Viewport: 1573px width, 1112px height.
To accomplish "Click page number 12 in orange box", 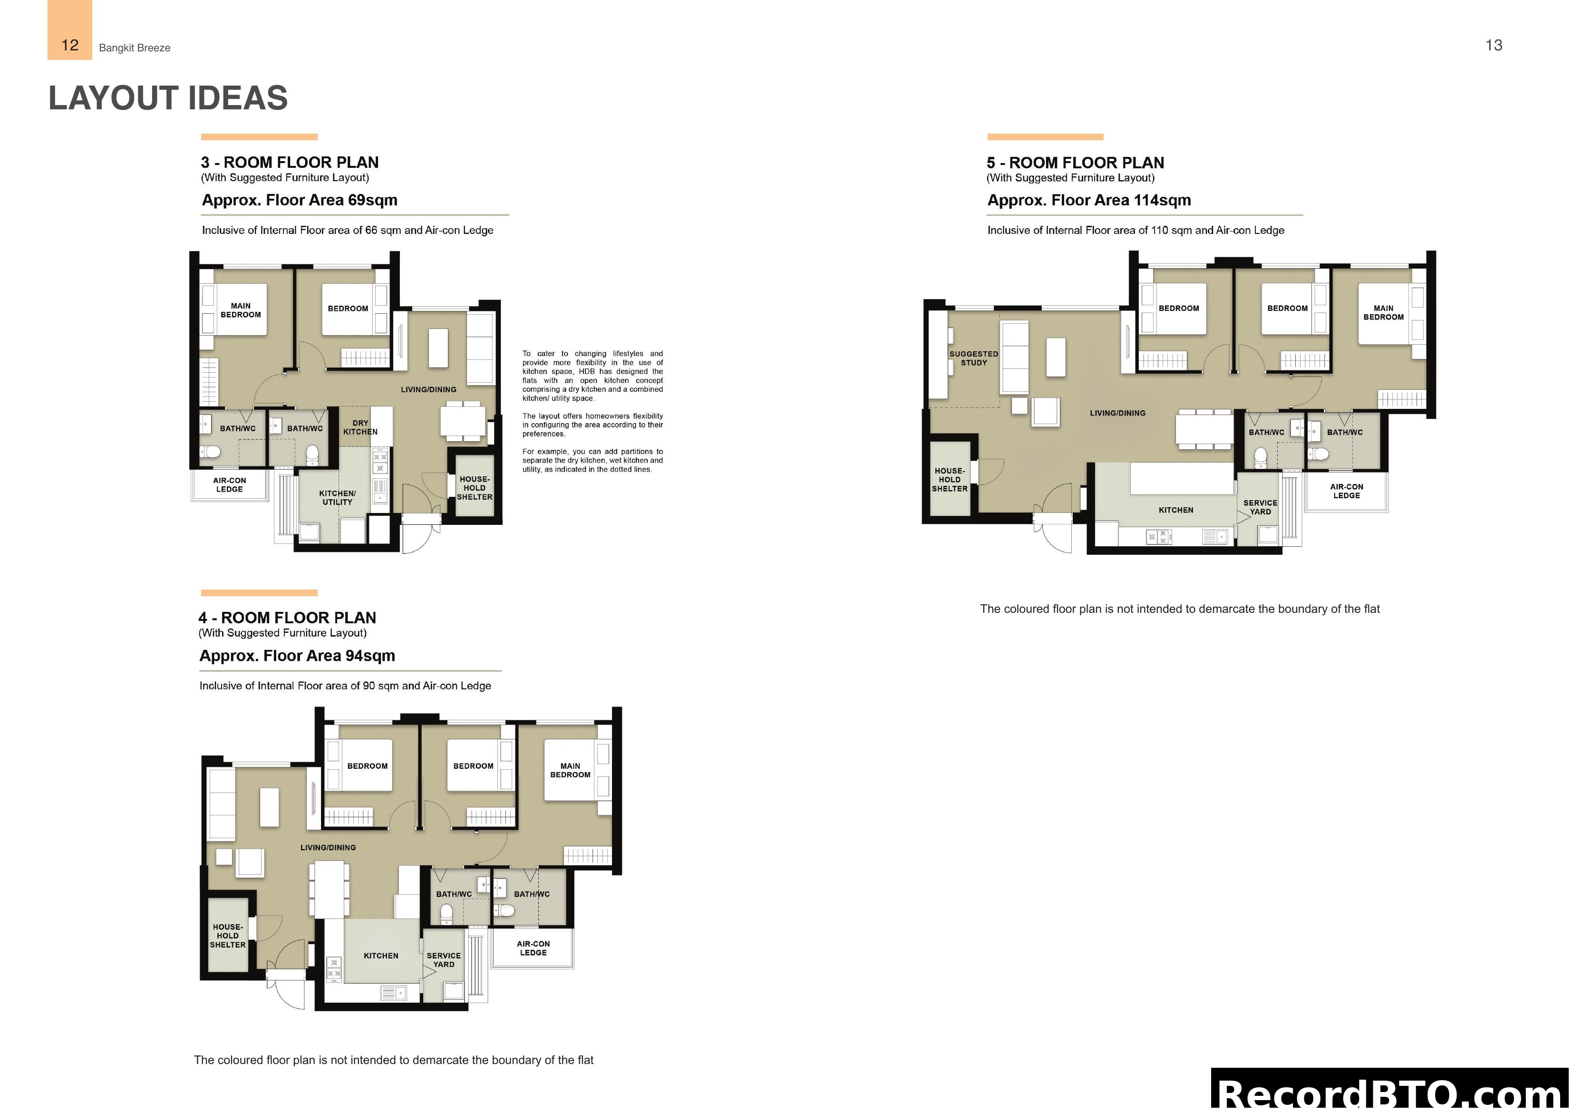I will click(x=70, y=45).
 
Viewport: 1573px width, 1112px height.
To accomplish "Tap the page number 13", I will click(x=1494, y=45).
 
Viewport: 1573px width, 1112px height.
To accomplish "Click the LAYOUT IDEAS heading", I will click(x=168, y=98).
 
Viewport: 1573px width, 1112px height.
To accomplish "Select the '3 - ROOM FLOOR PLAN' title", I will click(x=289, y=163).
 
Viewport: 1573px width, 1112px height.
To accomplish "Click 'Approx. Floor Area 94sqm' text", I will click(x=297, y=656).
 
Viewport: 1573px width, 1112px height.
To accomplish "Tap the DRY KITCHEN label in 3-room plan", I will click(x=360, y=427).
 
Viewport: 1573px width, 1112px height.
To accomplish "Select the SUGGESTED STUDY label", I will click(x=973, y=358).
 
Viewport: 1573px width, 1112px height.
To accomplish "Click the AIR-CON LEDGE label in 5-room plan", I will click(x=1346, y=491).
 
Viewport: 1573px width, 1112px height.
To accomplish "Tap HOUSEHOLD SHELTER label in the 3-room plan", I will click(x=474, y=488).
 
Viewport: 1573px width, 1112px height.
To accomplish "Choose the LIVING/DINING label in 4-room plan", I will click(x=328, y=848).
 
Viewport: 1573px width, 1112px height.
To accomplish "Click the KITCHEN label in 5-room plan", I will click(x=1175, y=510).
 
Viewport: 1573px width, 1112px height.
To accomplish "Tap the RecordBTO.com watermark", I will click(x=1391, y=1093).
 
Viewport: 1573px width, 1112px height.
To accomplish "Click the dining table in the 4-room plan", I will click(x=329, y=890).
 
